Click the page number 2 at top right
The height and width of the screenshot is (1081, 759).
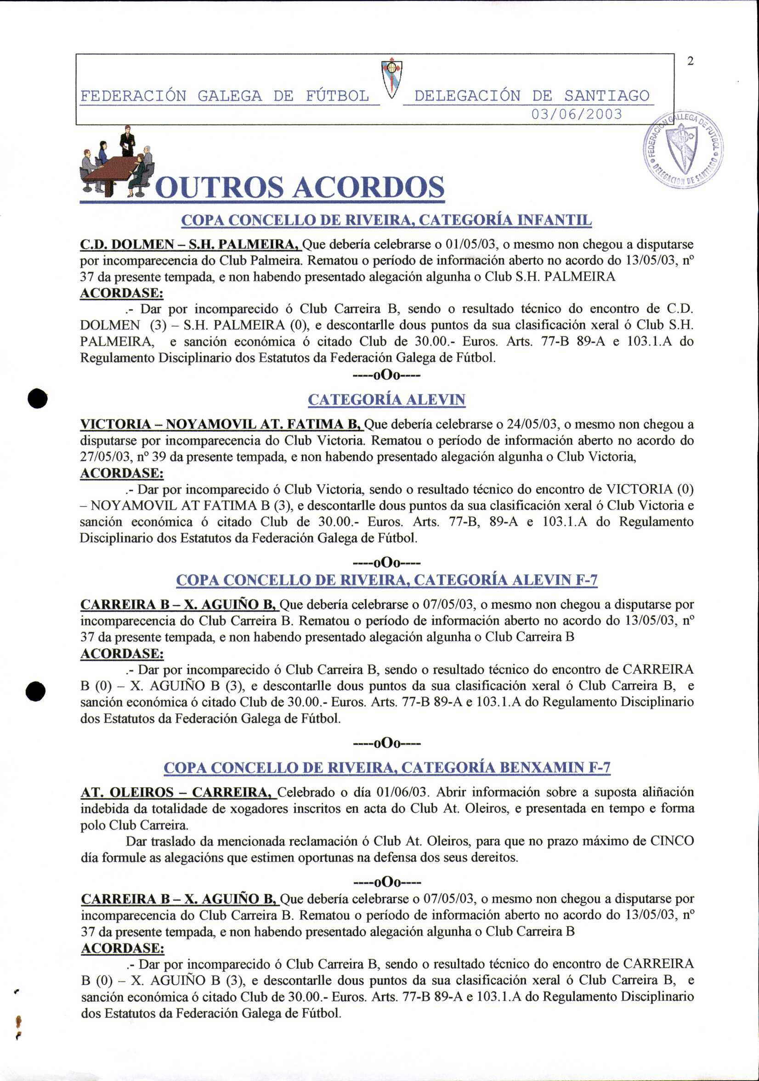(690, 61)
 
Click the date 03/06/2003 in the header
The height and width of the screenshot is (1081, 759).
(577, 114)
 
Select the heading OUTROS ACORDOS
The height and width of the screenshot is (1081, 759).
(300, 188)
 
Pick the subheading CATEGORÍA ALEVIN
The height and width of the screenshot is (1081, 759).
(386, 400)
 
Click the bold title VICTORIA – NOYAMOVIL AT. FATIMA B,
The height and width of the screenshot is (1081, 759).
(221, 425)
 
